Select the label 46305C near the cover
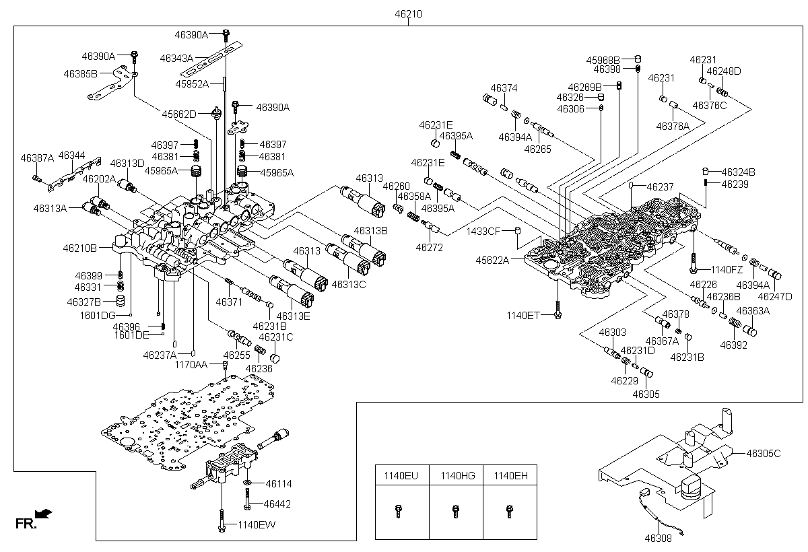pyautogui.click(x=763, y=453)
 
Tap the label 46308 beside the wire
pyautogui.click(x=658, y=538)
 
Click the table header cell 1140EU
pyautogui.click(x=401, y=476)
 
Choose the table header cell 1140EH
pyautogui.click(x=510, y=476)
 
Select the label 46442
pyautogui.click(x=277, y=504)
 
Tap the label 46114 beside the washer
pyautogui.click(x=279, y=483)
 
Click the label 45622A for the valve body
pyautogui.click(x=493, y=260)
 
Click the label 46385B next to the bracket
pyautogui.click(x=81, y=73)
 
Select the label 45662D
pyautogui.click(x=178, y=114)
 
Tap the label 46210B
pyautogui.click(x=80, y=248)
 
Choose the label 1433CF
pyautogui.click(x=483, y=232)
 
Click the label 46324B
pyautogui.click(x=738, y=172)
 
